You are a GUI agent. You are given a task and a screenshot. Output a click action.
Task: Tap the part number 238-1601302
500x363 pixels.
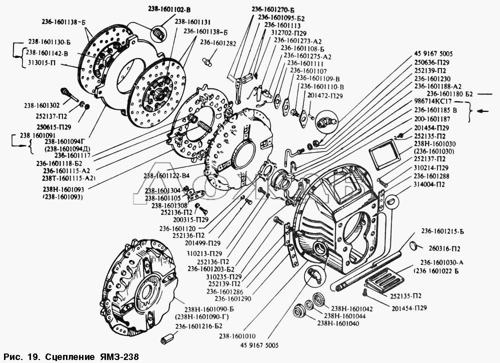click(41, 105)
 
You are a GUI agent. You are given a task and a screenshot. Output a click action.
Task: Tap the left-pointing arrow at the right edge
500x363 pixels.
click(483, 110)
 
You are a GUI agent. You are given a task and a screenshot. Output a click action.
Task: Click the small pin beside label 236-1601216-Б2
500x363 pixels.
click(166, 340)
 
